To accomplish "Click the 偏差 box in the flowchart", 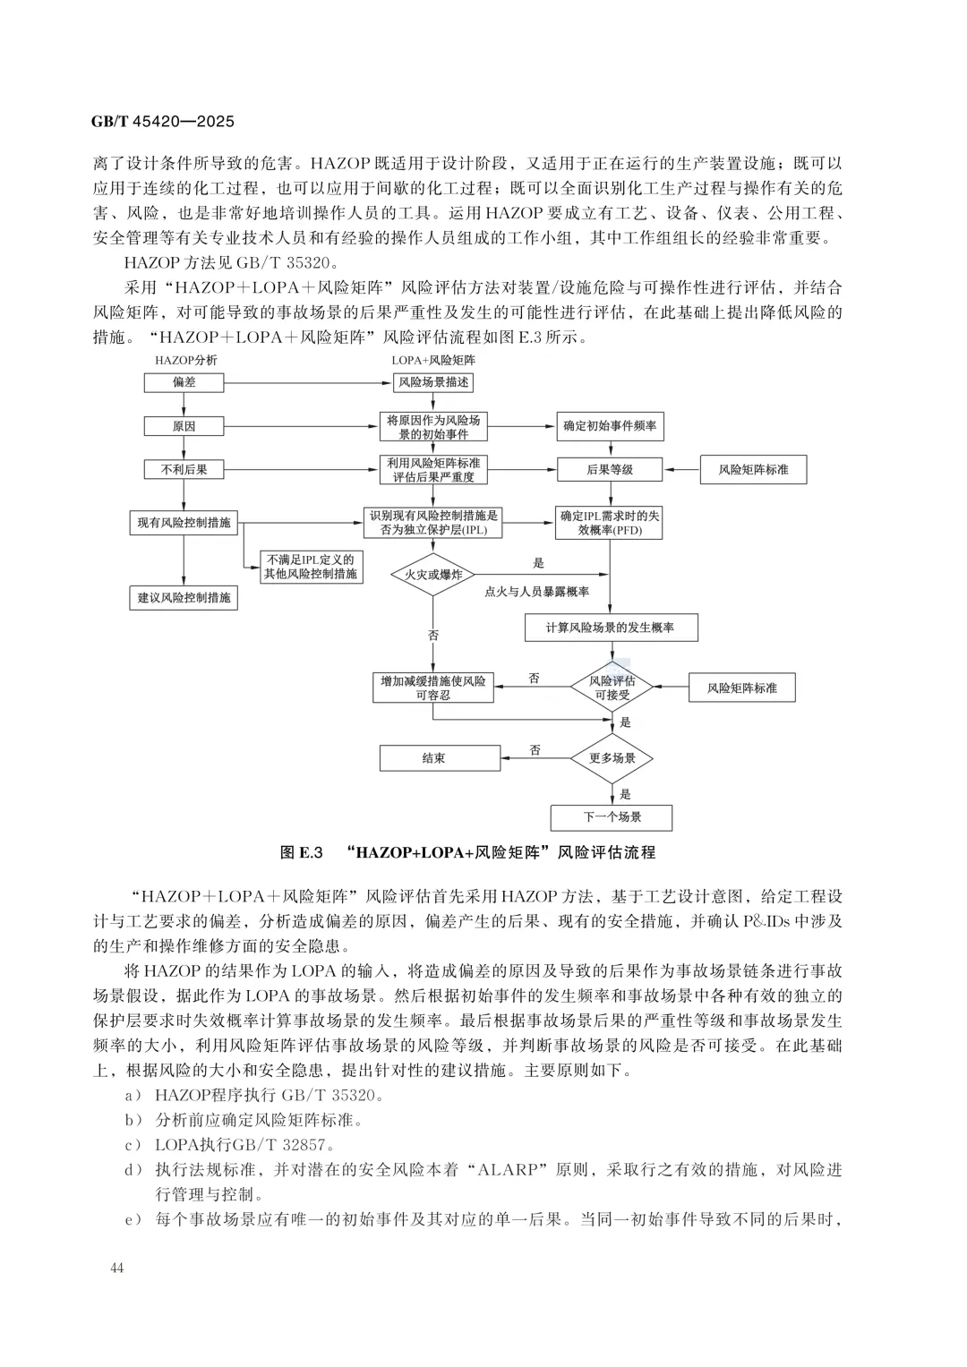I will (x=184, y=382).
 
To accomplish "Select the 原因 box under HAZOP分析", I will (x=184, y=426).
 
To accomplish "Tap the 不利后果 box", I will (x=184, y=469).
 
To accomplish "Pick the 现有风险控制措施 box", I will (x=184, y=522).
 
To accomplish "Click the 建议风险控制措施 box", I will (x=184, y=597).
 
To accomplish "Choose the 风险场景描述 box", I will (x=433, y=382).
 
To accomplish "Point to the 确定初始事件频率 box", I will (x=610, y=426).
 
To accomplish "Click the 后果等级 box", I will (x=610, y=469).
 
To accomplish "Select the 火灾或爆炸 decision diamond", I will (x=433, y=575).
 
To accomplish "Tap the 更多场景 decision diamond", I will (x=612, y=758).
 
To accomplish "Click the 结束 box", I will (x=433, y=758).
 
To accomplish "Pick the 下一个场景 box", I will (x=612, y=816).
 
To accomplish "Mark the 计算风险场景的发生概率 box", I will (x=611, y=628).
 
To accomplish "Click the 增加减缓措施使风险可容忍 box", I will (x=433, y=688).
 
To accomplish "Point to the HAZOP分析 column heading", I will (x=185, y=360).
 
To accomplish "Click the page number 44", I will (x=118, y=1267).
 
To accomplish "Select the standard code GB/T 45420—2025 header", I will (x=163, y=121).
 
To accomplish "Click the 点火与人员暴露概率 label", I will (x=537, y=592).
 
